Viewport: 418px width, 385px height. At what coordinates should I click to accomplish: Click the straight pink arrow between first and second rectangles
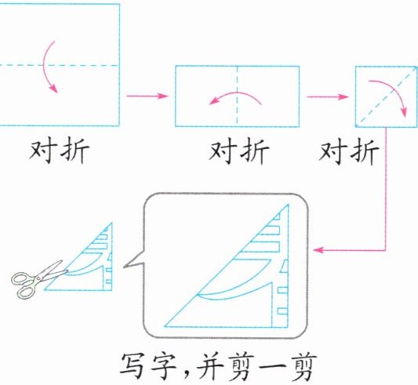[147, 96]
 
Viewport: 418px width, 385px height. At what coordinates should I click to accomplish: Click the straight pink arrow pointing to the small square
[328, 96]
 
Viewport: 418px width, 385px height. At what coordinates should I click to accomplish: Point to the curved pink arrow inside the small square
[394, 91]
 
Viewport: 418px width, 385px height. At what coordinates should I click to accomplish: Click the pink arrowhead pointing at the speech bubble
[318, 250]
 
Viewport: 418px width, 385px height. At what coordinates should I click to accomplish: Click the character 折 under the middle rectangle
[254, 152]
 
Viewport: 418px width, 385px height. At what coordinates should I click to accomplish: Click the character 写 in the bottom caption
[134, 367]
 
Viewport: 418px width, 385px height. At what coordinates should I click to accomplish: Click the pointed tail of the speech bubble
[125, 266]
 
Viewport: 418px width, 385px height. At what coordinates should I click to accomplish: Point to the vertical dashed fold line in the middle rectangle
[238, 96]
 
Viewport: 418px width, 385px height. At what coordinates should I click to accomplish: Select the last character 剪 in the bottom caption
[302, 368]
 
